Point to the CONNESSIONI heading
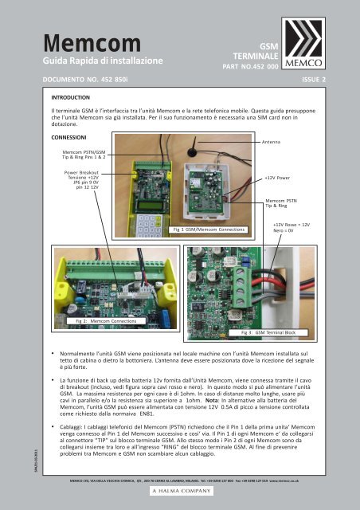coord(72,135)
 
